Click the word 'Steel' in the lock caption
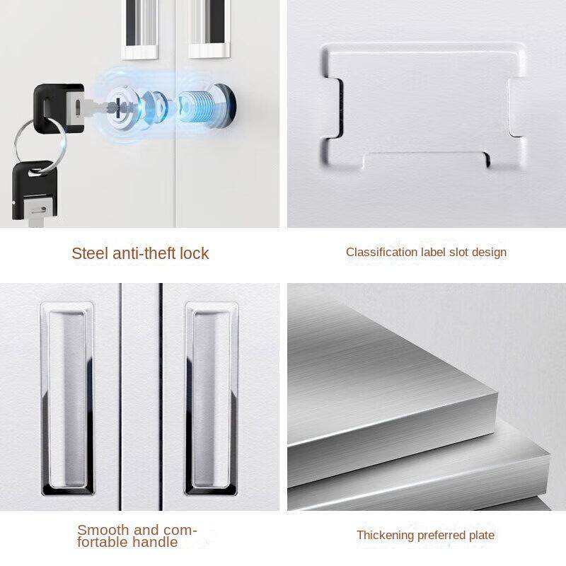coord(91,253)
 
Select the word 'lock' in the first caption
coord(193,253)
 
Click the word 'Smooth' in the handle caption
coord(103,529)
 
